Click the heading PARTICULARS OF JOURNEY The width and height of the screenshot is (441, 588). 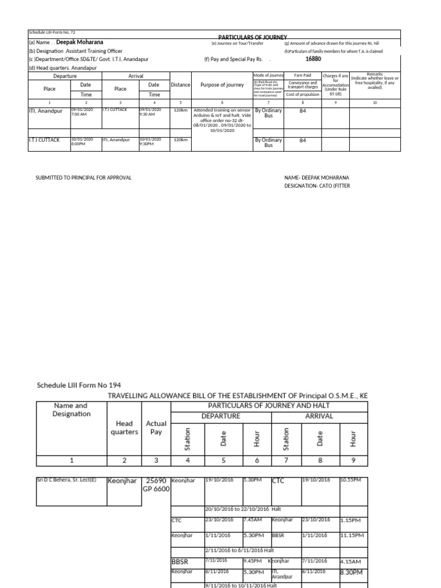pyautogui.click(x=252, y=37)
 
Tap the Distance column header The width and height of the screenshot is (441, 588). pyautogui.click(x=180, y=84)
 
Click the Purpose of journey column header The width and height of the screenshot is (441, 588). pyautogui.click(x=222, y=85)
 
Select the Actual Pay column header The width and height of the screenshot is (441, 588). pyautogui.click(x=156, y=428)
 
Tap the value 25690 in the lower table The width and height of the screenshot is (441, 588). pyautogui.click(x=156, y=481)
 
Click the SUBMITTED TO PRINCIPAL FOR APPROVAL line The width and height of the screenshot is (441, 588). pyautogui.click(x=84, y=178)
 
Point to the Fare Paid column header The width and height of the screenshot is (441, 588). pyautogui.click(x=303, y=75)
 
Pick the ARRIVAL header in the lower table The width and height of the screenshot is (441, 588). pyautogui.click(x=319, y=416)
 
